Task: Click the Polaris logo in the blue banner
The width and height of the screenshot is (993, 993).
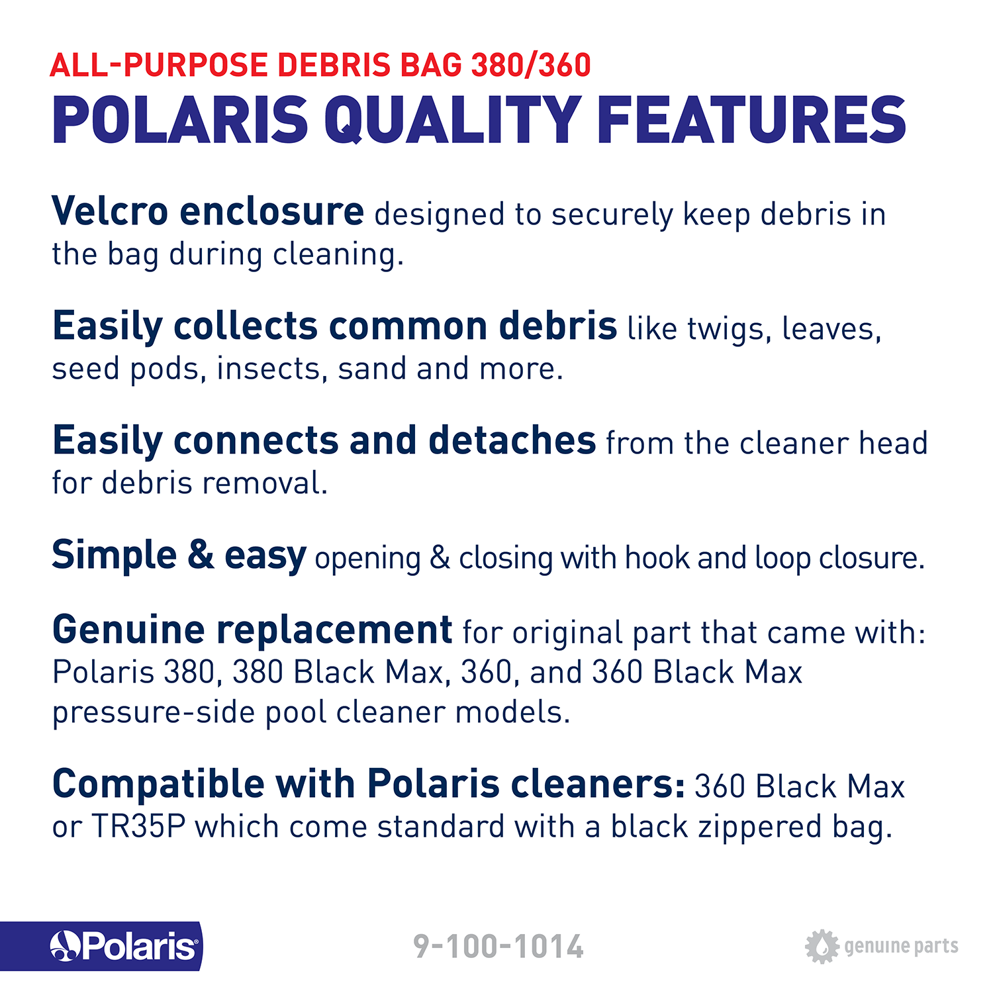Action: [124, 946]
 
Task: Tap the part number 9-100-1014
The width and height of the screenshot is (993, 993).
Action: [498, 946]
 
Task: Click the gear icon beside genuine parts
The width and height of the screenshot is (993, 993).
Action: [822, 946]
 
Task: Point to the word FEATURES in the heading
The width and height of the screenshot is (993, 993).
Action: [751, 120]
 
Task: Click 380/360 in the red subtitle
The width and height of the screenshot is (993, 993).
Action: [531, 65]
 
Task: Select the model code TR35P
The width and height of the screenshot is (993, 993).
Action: [138, 826]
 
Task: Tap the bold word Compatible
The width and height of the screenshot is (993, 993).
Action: [158, 784]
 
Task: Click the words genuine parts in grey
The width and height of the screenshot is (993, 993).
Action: [901, 947]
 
